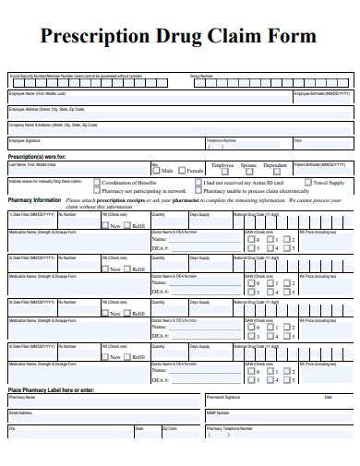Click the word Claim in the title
(245, 38)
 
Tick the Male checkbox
(157, 171)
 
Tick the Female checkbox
(182, 171)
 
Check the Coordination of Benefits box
(96, 182)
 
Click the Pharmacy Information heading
(34, 199)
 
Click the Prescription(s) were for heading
(36, 156)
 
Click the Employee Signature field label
(26, 140)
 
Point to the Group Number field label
(201, 76)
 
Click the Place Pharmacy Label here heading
(51, 390)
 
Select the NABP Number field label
(218, 412)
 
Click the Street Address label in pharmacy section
(20, 412)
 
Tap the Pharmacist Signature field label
(224, 398)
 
